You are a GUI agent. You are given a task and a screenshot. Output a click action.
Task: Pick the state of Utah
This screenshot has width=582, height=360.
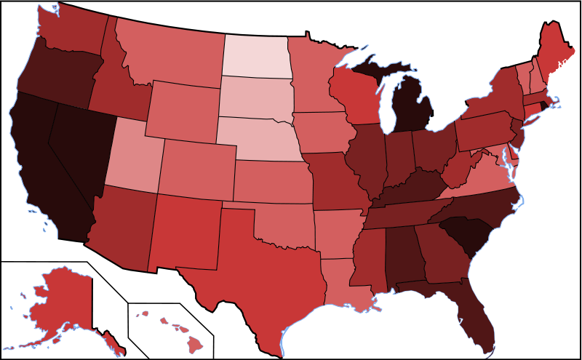135,156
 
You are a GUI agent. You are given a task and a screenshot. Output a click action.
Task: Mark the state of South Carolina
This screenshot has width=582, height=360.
466,233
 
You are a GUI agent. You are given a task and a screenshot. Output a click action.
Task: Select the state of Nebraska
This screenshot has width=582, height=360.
258,138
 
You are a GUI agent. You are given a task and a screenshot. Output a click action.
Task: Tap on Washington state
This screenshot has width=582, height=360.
73,33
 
